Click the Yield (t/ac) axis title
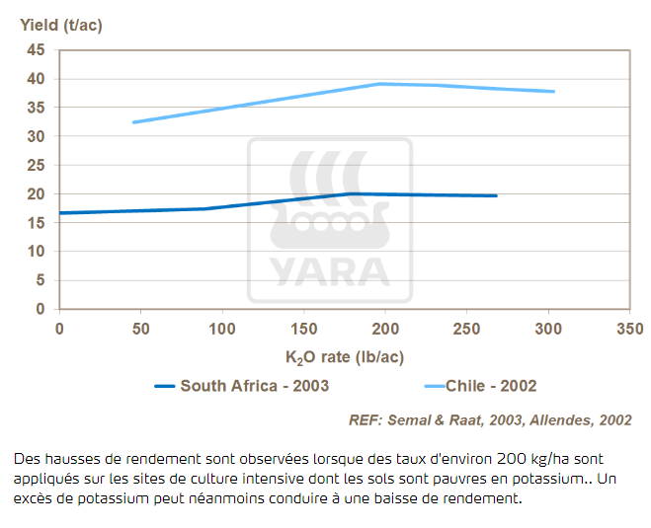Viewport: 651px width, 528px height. pyautogui.click(x=61, y=26)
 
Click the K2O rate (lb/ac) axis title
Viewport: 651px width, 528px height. pyautogui.click(x=345, y=357)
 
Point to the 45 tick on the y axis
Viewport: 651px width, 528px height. pyautogui.click(x=37, y=50)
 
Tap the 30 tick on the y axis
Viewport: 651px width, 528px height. pyautogui.click(x=37, y=136)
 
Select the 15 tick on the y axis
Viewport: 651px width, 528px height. pyautogui.click(x=37, y=223)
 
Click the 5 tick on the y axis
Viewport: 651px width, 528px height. pyautogui.click(x=41, y=280)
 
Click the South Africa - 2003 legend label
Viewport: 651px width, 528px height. pyautogui.click(x=254, y=386)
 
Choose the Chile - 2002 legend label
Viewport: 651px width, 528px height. pyautogui.click(x=491, y=386)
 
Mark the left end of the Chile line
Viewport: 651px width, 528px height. pyautogui.click(x=133, y=122)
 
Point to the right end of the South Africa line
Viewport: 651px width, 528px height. pyautogui.click(x=496, y=195)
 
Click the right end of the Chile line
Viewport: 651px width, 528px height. pyautogui.click(x=554, y=92)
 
